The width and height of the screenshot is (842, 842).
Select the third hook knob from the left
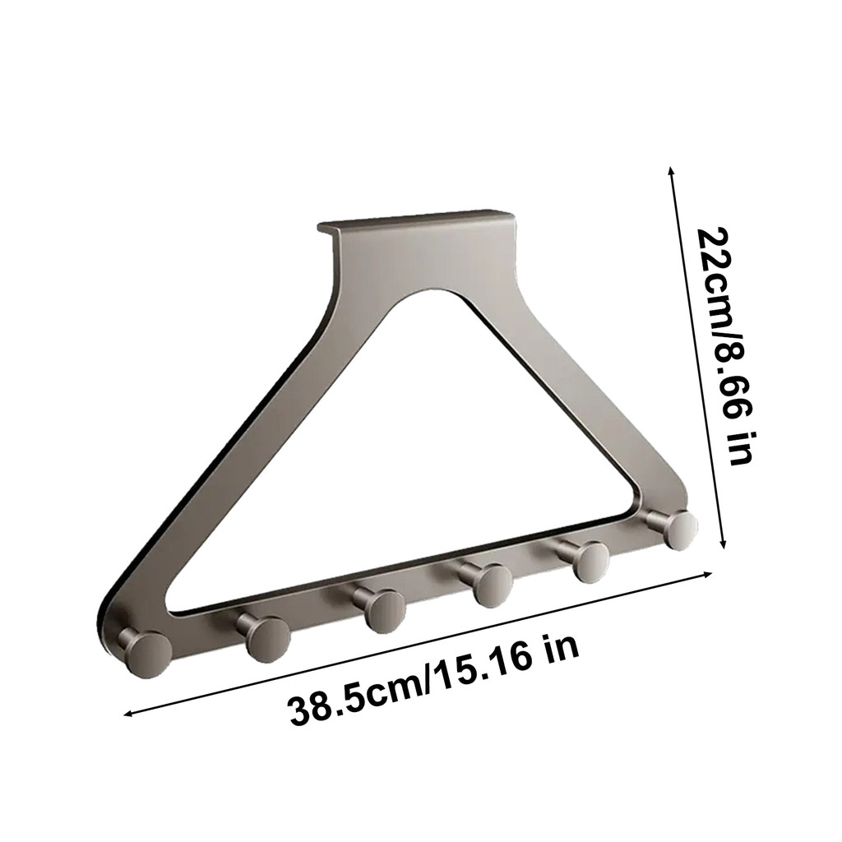(383, 611)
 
